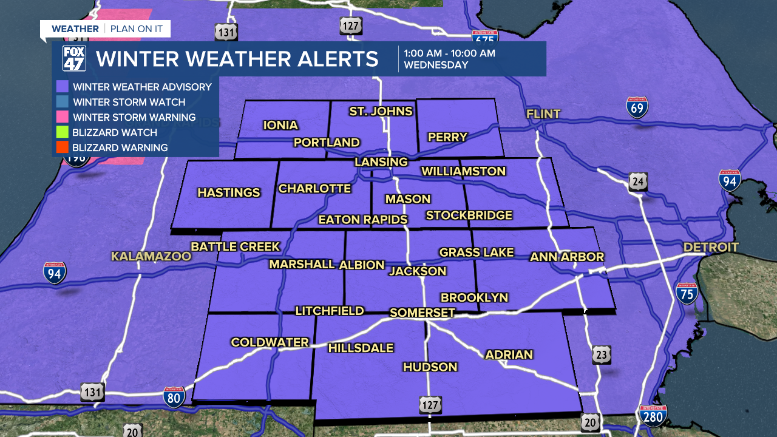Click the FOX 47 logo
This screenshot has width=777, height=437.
74,59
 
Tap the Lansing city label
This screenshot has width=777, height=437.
381,162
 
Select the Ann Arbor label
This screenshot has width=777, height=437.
567,257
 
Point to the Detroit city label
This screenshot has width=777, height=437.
711,247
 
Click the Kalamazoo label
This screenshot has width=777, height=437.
151,257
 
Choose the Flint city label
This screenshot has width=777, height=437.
543,114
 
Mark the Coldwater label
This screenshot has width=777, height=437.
270,342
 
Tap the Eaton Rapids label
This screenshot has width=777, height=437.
363,220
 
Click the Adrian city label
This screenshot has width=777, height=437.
509,354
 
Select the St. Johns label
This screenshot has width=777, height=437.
381,111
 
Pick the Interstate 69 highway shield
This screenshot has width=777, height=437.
637,107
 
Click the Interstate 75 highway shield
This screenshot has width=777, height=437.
687,293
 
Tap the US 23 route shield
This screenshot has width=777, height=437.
602,354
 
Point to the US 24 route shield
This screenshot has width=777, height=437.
638,181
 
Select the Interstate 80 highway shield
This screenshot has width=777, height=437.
174,398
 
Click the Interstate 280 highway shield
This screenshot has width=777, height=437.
653,416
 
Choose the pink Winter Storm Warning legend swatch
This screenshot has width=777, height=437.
62,117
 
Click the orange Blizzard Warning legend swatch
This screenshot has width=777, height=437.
62,147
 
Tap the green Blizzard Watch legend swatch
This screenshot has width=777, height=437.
62,132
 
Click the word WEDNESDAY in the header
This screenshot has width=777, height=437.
436,65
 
